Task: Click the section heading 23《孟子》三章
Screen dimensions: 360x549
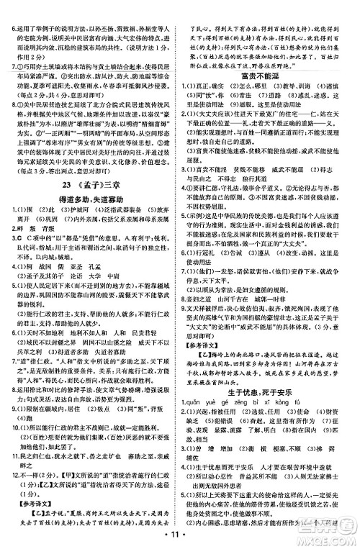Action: coord(90,183)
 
